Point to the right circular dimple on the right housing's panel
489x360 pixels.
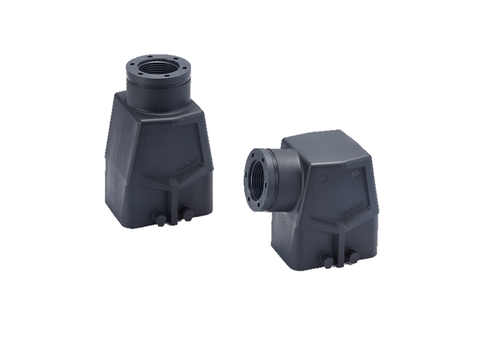[x=356, y=172]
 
